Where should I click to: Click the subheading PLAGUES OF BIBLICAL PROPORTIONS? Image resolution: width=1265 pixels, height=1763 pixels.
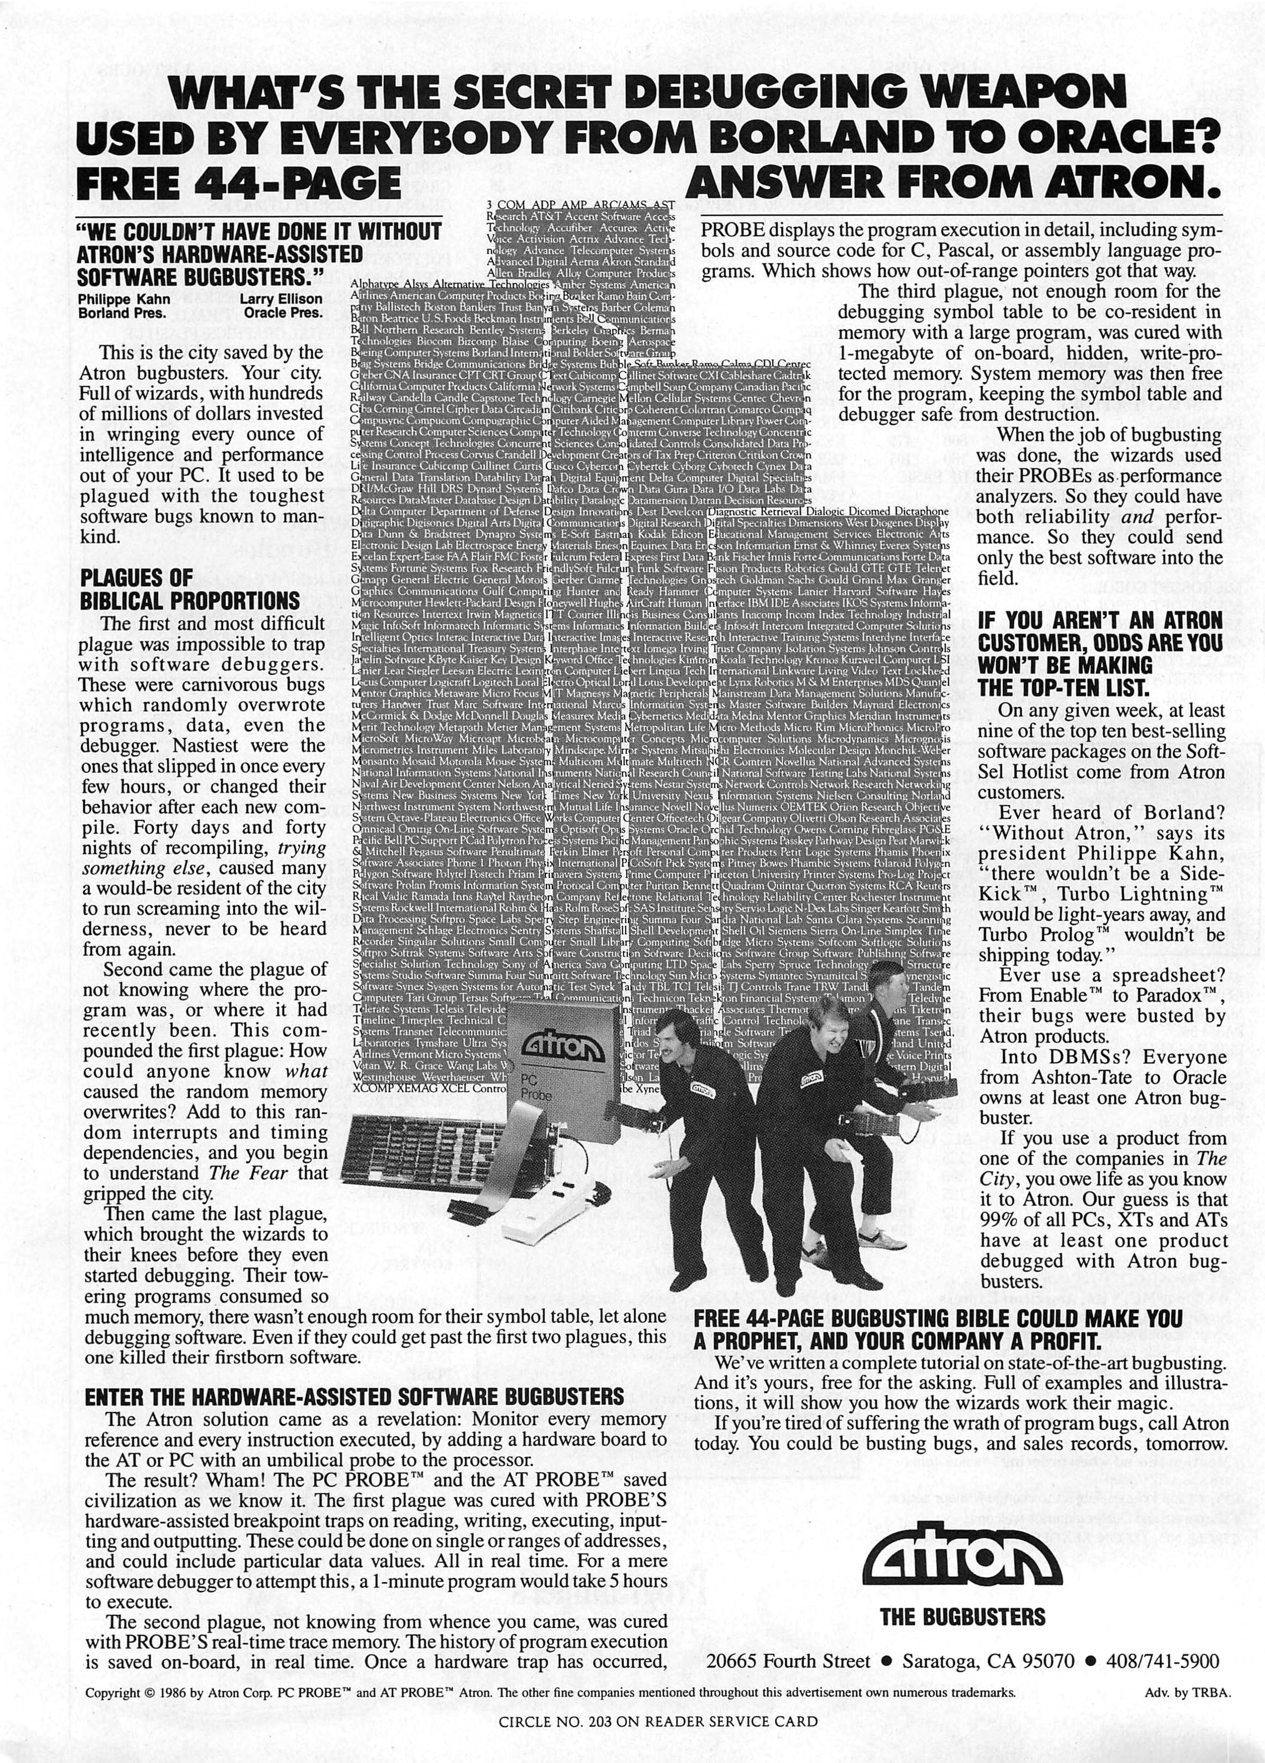coord(189,589)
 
